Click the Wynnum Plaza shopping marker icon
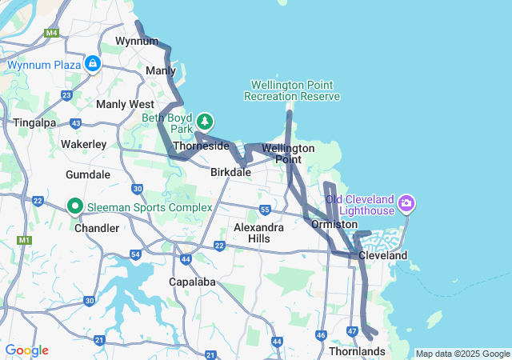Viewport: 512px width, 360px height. click(x=93, y=63)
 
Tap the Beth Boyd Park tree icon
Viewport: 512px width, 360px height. click(x=206, y=122)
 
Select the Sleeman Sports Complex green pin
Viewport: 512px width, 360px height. click(x=76, y=207)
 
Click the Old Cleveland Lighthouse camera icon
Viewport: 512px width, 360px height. click(x=406, y=204)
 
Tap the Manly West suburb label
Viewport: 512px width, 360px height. click(x=125, y=104)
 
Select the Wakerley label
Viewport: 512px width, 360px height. click(x=84, y=144)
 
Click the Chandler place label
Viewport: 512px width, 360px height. click(x=96, y=228)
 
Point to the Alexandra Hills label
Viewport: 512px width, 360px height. click(x=258, y=233)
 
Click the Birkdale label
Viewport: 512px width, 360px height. click(x=230, y=172)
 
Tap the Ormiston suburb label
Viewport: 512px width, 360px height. click(x=334, y=225)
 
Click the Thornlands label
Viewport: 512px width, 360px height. click(x=357, y=351)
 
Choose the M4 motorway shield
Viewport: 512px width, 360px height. click(x=52, y=33)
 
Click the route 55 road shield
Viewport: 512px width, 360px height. click(x=265, y=210)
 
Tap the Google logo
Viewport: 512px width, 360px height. click(x=26, y=350)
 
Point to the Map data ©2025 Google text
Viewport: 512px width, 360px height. click(x=462, y=354)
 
